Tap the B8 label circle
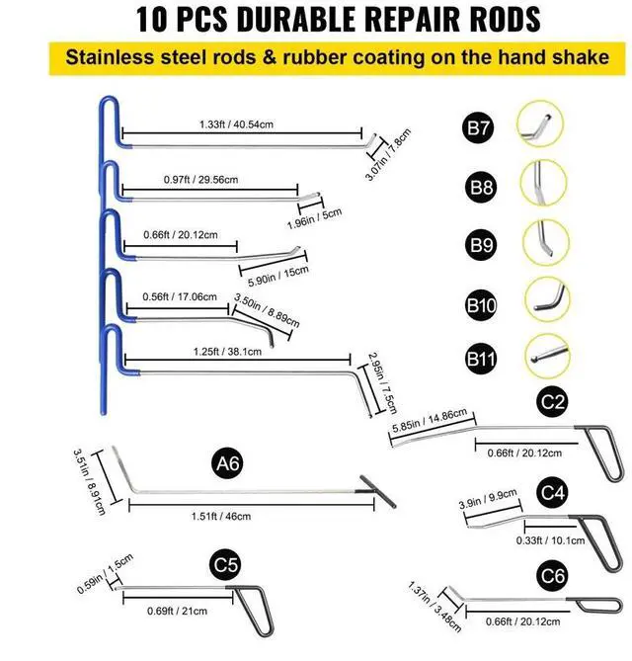pyautogui.click(x=479, y=185)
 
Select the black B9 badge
pyautogui.click(x=479, y=243)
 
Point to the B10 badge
pyautogui.click(x=480, y=302)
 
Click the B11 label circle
pyautogui.click(x=479, y=358)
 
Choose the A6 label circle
pyautogui.click(x=226, y=461)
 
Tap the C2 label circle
pyautogui.click(x=553, y=400)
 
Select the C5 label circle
pyautogui.click(x=226, y=565)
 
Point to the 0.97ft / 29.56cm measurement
pyautogui.click(x=200, y=180)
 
